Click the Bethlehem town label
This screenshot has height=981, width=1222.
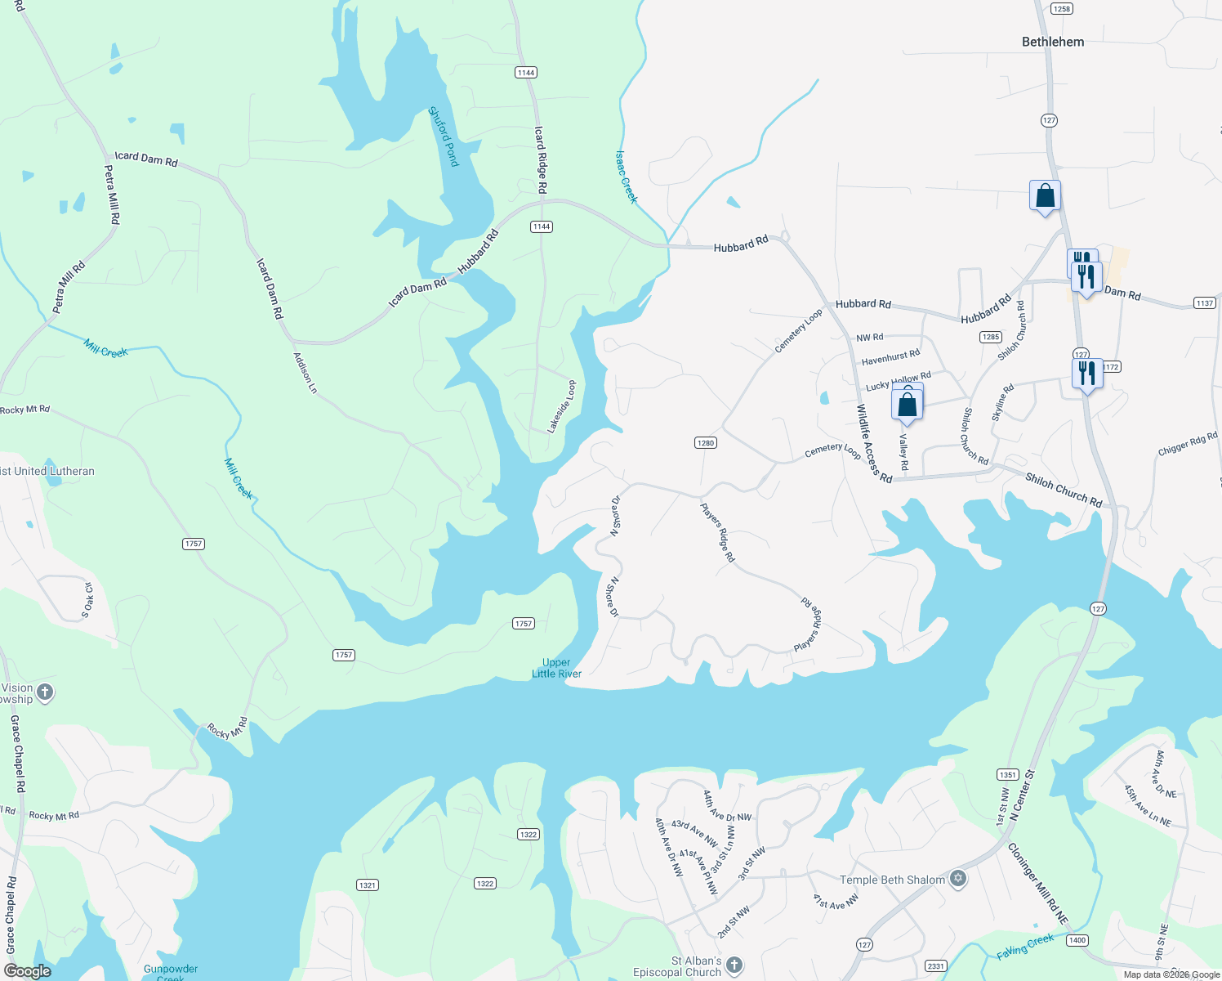coord(1053,42)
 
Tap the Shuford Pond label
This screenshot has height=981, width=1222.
coord(444,137)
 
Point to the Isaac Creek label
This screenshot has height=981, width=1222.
coord(626,177)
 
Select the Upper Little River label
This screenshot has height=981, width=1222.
coord(556,668)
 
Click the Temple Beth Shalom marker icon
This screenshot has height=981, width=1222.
coord(958,880)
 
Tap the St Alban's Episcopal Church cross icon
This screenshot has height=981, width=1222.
coord(734,965)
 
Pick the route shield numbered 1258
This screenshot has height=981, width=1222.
coord(1062,9)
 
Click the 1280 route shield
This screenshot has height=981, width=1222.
coord(705,443)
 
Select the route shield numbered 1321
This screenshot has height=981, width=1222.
coord(367,885)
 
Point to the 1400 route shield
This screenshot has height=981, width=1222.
coord(1077,940)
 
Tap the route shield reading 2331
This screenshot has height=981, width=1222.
coord(936,966)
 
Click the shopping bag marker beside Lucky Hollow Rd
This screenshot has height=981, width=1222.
coord(908,404)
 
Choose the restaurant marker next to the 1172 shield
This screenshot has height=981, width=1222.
coord(1086,374)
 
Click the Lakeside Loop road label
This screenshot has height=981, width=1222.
coord(562,406)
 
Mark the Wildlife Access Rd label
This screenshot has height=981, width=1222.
coord(874,444)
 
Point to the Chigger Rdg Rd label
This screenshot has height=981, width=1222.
coord(1187,445)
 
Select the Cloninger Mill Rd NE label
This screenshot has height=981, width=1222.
coord(1037,884)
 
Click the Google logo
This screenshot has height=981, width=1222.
coord(28,971)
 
